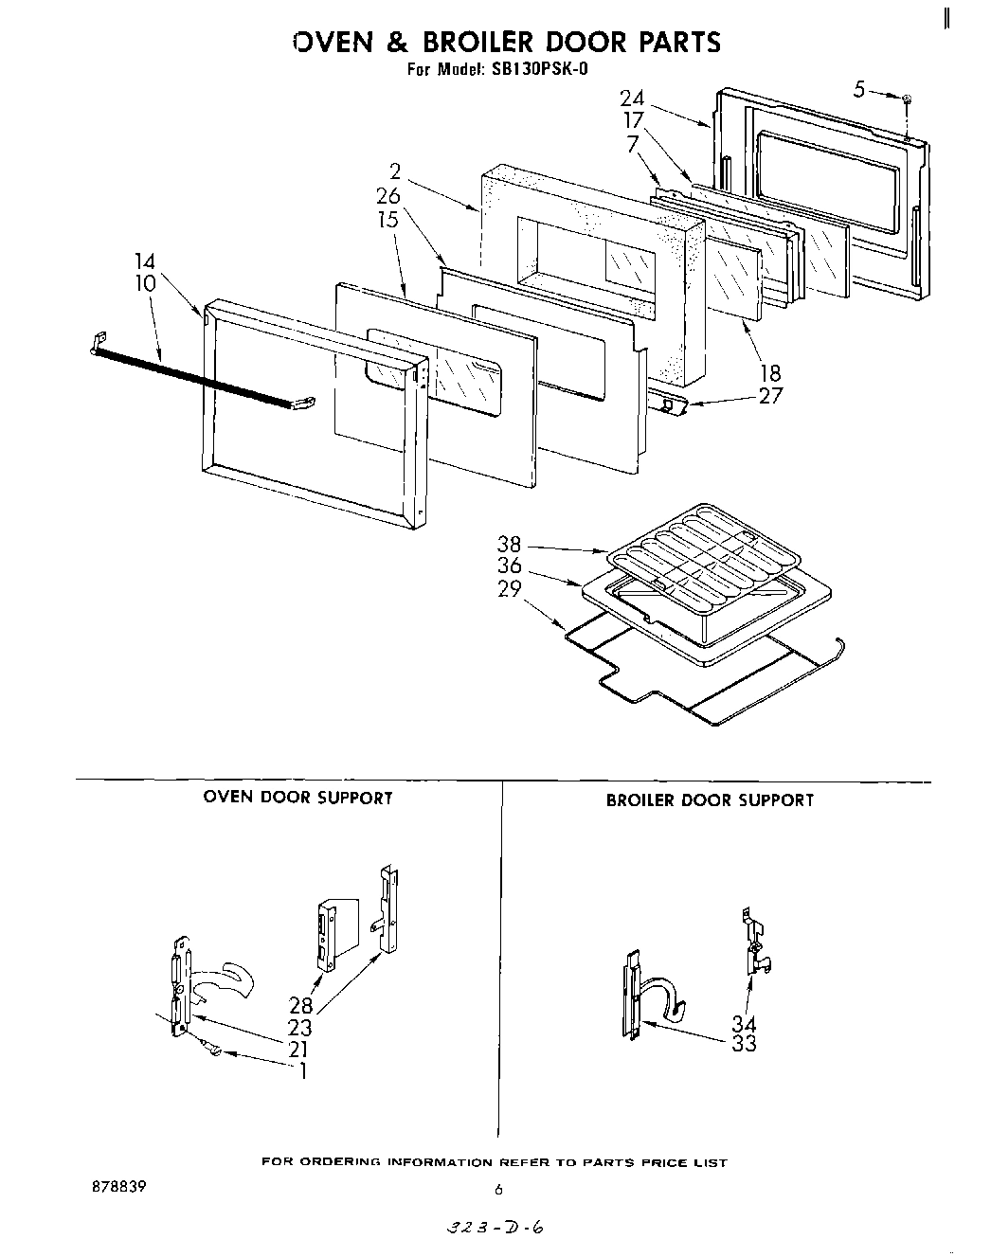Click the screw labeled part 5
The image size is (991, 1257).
click(x=907, y=99)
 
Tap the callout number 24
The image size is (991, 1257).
click(x=632, y=99)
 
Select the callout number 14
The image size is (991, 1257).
click(x=144, y=262)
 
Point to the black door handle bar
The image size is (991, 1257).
click(x=199, y=377)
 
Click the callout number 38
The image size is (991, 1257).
click(x=510, y=546)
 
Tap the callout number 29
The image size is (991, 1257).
click(x=510, y=588)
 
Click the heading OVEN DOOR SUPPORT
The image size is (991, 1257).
click(x=297, y=798)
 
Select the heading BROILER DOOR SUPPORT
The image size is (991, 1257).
click(x=710, y=800)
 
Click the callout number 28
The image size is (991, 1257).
click(x=300, y=1008)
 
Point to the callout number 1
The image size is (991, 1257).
click(x=302, y=1071)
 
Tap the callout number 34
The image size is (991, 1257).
click(x=744, y=1024)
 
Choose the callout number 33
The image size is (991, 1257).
click(x=744, y=1044)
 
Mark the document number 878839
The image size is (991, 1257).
click(x=113, y=1184)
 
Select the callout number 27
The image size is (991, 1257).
click(x=770, y=396)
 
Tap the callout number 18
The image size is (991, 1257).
click(x=770, y=374)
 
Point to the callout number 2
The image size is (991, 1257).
click(x=395, y=172)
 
